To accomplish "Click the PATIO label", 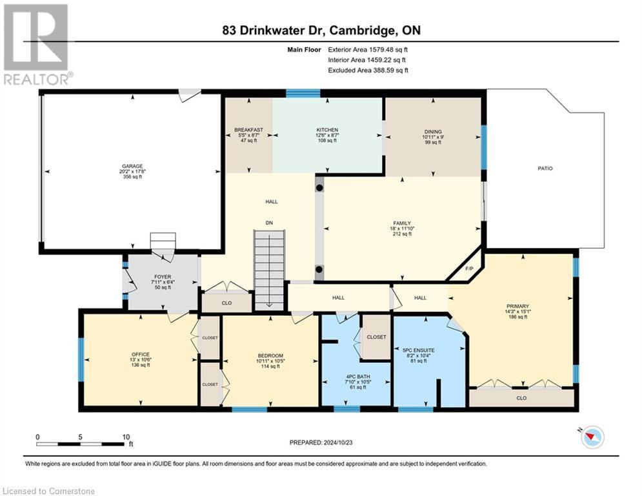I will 546,169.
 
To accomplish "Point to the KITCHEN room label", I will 327,130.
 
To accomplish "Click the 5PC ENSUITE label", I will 429,342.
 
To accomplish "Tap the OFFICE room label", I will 140,355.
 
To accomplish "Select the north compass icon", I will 592,437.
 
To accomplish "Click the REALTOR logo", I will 37,44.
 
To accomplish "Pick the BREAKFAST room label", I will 248,130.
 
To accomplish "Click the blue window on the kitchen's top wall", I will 303,93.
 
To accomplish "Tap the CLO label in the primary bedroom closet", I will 521,398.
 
